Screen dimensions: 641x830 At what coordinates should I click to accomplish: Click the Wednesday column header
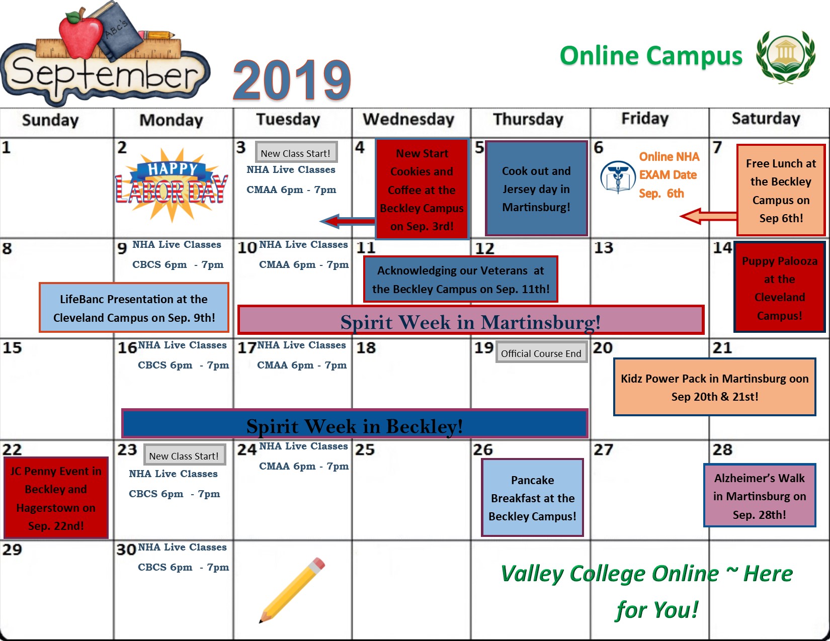408,120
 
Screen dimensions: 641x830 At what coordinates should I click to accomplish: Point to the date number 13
604,248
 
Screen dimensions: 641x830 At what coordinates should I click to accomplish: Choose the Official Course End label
541,353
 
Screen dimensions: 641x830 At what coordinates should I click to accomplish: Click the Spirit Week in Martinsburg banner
470,321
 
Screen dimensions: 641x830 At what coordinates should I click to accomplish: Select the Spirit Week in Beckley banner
355,424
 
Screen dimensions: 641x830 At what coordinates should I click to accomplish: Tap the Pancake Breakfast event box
532,498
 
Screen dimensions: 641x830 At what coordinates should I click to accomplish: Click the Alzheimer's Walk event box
759,496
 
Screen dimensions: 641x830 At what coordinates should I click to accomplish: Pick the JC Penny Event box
56,498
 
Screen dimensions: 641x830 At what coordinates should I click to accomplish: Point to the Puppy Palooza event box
779,288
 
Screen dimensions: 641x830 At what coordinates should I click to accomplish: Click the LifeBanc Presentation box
134,308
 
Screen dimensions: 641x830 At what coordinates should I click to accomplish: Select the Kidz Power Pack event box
714,387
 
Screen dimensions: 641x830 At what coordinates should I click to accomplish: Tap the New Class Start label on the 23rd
184,455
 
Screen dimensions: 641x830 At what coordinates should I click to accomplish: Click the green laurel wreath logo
785,56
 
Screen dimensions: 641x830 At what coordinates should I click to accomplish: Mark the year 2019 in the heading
292,80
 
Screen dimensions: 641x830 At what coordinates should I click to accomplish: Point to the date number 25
365,449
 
